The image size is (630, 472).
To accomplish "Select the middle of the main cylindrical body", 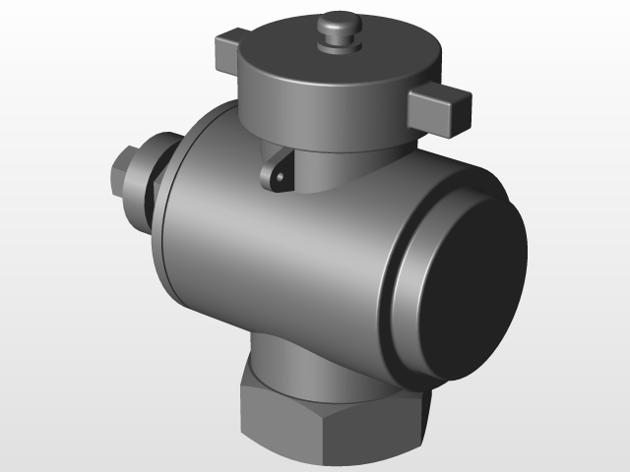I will click(x=285, y=256).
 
